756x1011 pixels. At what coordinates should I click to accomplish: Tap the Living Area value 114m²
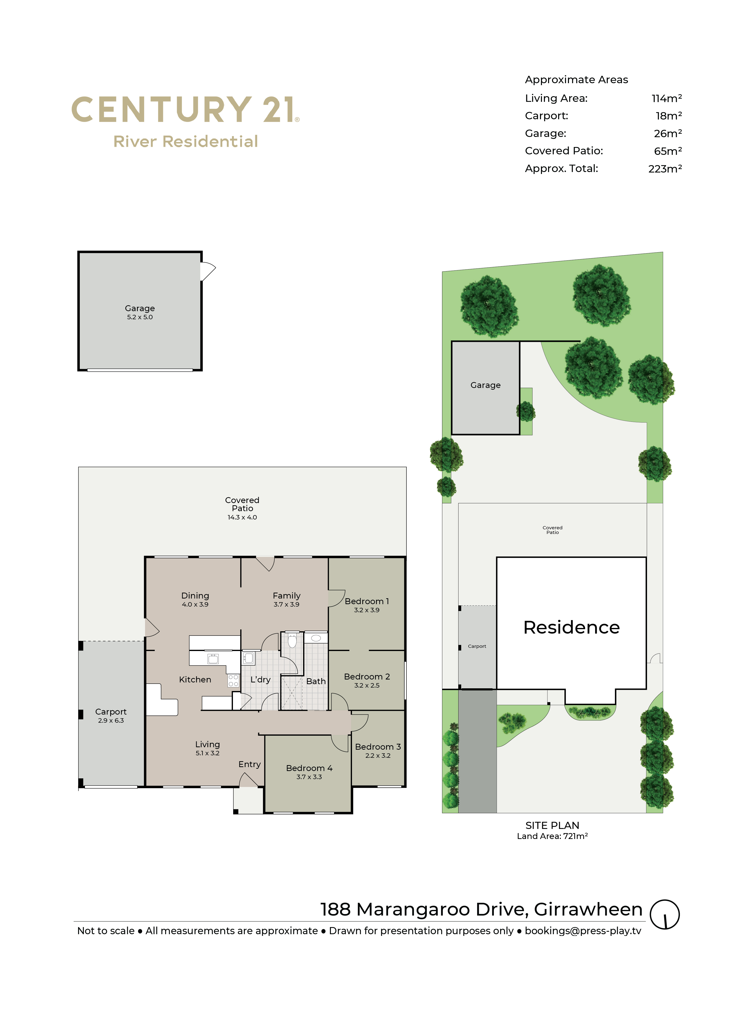click(x=666, y=98)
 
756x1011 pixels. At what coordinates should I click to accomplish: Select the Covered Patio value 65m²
click(x=668, y=151)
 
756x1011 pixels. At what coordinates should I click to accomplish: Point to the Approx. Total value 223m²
click(x=665, y=169)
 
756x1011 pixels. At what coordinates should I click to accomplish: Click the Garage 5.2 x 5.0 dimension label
click(x=140, y=317)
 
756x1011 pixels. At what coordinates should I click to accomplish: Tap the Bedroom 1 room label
click(x=366, y=601)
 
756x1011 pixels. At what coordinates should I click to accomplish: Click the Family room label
click(x=287, y=596)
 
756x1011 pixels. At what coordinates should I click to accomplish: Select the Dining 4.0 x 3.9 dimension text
click(x=195, y=604)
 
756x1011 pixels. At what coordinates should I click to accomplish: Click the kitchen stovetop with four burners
click(x=233, y=680)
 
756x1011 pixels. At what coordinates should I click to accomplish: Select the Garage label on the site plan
click(x=486, y=385)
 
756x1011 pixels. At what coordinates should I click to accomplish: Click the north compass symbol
click(x=665, y=914)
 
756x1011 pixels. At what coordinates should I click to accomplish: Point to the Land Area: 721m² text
click(x=552, y=836)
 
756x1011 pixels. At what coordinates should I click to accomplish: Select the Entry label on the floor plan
click(x=250, y=764)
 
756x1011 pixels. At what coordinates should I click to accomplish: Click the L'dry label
click(x=260, y=680)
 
